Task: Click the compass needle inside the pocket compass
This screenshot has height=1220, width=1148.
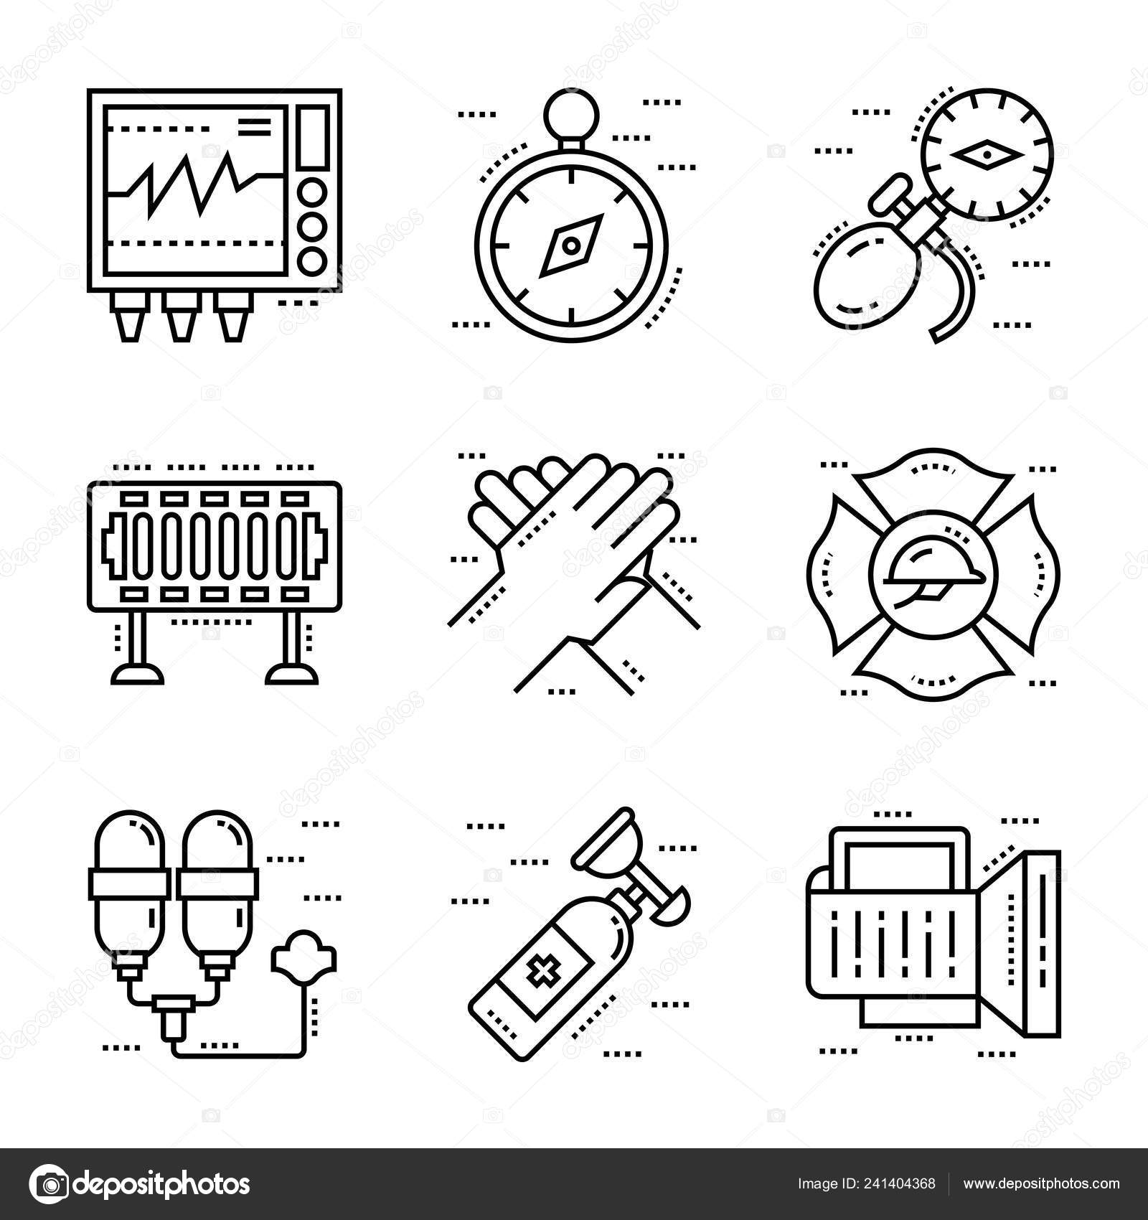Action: pos(570,246)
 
